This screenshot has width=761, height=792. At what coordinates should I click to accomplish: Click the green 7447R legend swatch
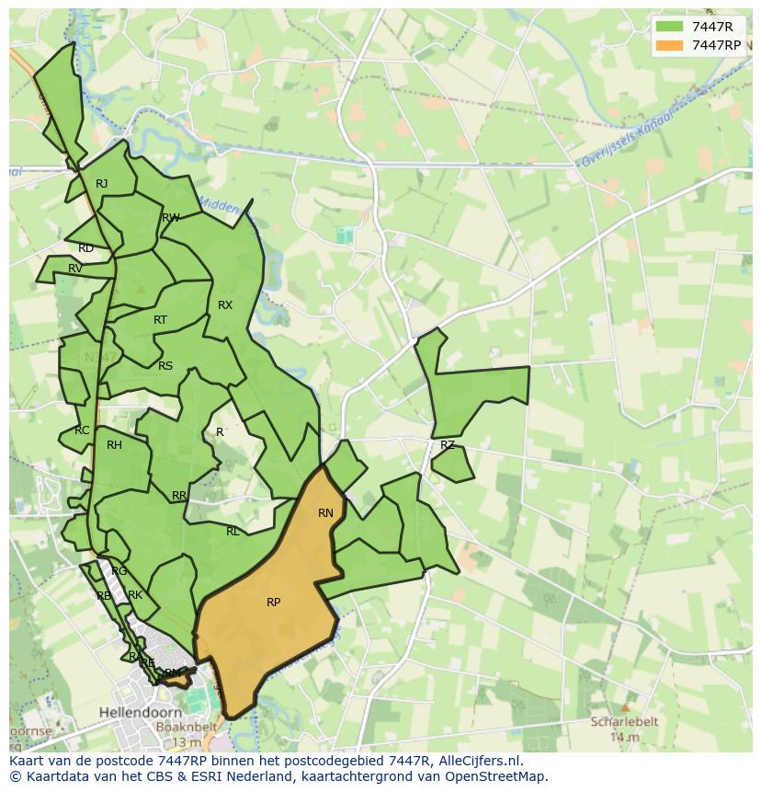point(671,27)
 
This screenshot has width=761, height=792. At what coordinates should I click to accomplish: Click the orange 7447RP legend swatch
point(671,45)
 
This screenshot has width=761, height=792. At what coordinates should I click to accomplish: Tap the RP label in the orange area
point(273,603)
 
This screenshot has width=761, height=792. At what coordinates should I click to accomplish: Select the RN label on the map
point(325,513)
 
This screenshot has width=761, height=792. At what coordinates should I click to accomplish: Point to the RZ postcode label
point(448,445)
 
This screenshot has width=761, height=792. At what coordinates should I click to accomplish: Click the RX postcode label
point(225,305)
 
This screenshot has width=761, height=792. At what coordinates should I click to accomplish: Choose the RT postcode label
point(161,320)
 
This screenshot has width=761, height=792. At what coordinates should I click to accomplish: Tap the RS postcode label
point(165,366)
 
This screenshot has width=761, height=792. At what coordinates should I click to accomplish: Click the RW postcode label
point(170,218)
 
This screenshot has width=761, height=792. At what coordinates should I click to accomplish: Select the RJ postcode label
point(102,184)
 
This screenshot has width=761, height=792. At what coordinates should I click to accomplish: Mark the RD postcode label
point(85,248)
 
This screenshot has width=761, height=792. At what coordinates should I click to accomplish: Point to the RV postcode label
point(75,269)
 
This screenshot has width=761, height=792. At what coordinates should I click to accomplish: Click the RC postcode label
point(83,430)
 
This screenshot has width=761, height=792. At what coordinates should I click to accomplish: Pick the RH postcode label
point(114,445)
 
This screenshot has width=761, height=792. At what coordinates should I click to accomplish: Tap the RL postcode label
point(233,532)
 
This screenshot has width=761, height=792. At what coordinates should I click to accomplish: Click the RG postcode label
point(119,571)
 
